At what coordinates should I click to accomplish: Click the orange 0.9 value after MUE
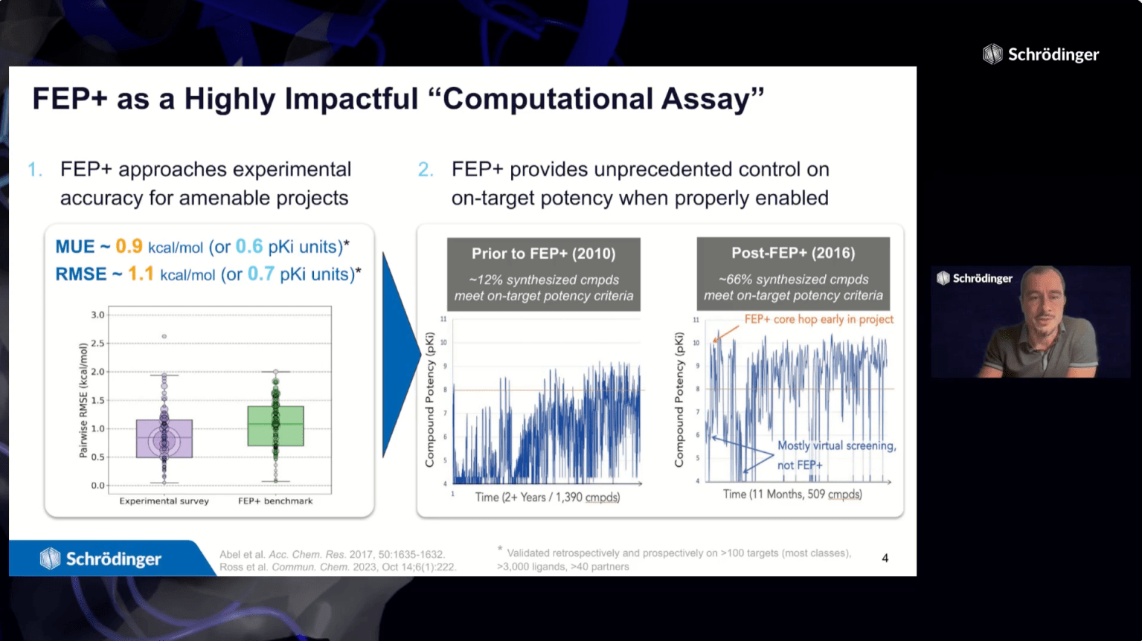[129, 247]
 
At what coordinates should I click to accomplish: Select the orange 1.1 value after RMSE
[141, 274]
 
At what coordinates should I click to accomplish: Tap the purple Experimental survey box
[164, 439]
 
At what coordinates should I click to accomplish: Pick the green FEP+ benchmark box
[276, 426]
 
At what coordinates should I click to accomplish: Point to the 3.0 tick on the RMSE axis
[97, 315]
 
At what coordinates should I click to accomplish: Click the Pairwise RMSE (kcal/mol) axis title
[83, 401]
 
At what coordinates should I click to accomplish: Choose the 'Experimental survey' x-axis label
[164, 501]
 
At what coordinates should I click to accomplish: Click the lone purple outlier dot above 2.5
[164, 336]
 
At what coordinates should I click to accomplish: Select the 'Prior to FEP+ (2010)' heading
[543, 254]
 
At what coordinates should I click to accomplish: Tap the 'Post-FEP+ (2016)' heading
[793, 253]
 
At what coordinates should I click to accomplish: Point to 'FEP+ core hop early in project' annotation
[819, 320]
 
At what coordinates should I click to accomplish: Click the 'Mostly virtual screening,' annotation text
[837, 446]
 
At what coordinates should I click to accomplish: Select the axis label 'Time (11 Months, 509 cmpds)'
[792, 495]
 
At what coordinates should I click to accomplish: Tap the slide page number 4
[885, 558]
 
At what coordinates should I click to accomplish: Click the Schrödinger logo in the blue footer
[100, 558]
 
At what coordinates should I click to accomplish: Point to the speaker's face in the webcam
[1043, 306]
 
